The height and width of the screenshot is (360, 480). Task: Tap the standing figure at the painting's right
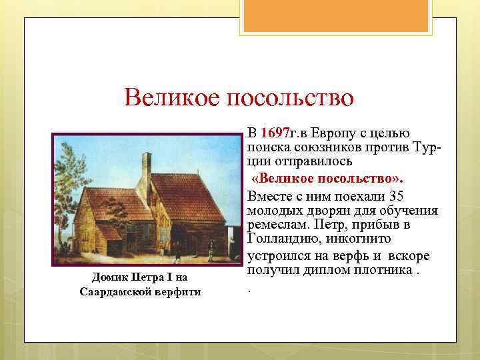click(x=209, y=251)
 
